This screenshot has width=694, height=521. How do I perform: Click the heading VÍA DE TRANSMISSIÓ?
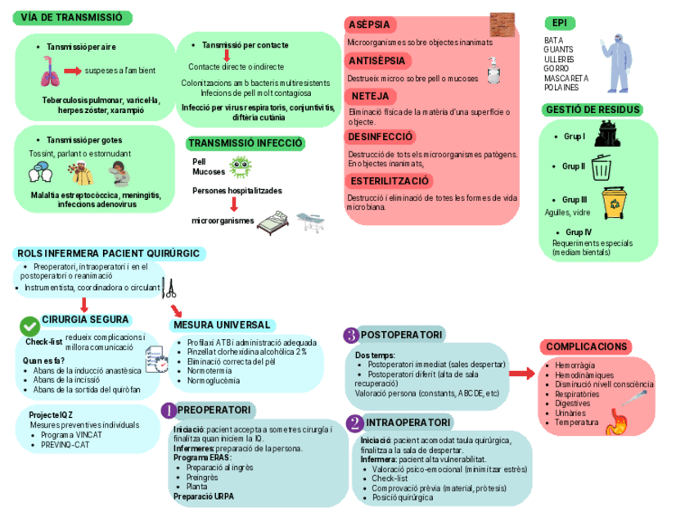click(x=73, y=18)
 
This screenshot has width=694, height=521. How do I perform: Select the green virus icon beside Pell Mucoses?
click(x=239, y=168)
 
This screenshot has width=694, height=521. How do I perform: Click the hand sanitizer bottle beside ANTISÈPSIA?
click(x=495, y=71)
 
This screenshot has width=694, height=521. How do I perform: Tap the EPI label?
click(x=560, y=22)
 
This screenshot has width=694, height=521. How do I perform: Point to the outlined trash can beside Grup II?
click(x=602, y=167)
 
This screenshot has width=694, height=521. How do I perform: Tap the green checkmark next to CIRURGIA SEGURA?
click(x=29, y=325)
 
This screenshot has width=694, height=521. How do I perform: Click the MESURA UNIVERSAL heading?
click(x=222, y=325)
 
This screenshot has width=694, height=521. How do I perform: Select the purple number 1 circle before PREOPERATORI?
click(x=168, y=410)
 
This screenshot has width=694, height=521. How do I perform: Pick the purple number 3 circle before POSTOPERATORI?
click(x=350, y=335)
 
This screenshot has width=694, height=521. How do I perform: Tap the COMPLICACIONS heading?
click(x=587, y=347)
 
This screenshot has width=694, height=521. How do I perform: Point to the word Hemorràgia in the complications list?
click(x=575, y=364)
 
